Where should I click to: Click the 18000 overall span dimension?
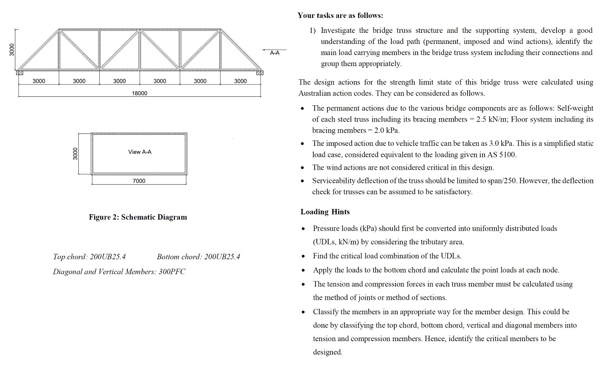pyautogui.click(x=139, y=93)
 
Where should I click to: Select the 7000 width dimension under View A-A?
pyautogui.click(x=139, y=181)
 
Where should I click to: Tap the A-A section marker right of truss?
pyautogui.click(x=275, y=53)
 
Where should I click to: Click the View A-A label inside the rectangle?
pyautogui.click(x=140, y=152)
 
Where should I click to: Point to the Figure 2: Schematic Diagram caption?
pyautogui.click(x=138, y=217)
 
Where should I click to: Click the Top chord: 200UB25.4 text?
pyautogui.click(x=89, y=257)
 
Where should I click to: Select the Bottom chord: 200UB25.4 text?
pyautogui.click(x=198, y=257)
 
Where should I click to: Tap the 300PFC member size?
pyautogui.click(x=172, y=272)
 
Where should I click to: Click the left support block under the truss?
pyautogui.click(x=19, y=73)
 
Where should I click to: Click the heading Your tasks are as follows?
pyautogui.click(x=340, y=16)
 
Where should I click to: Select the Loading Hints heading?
pyautogui.click(x=325, y=212)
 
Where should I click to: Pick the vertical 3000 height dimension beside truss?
pyautogui.click(x=12, y=49)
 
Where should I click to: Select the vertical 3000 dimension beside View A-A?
pyautogui.click(x=75, y=154)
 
